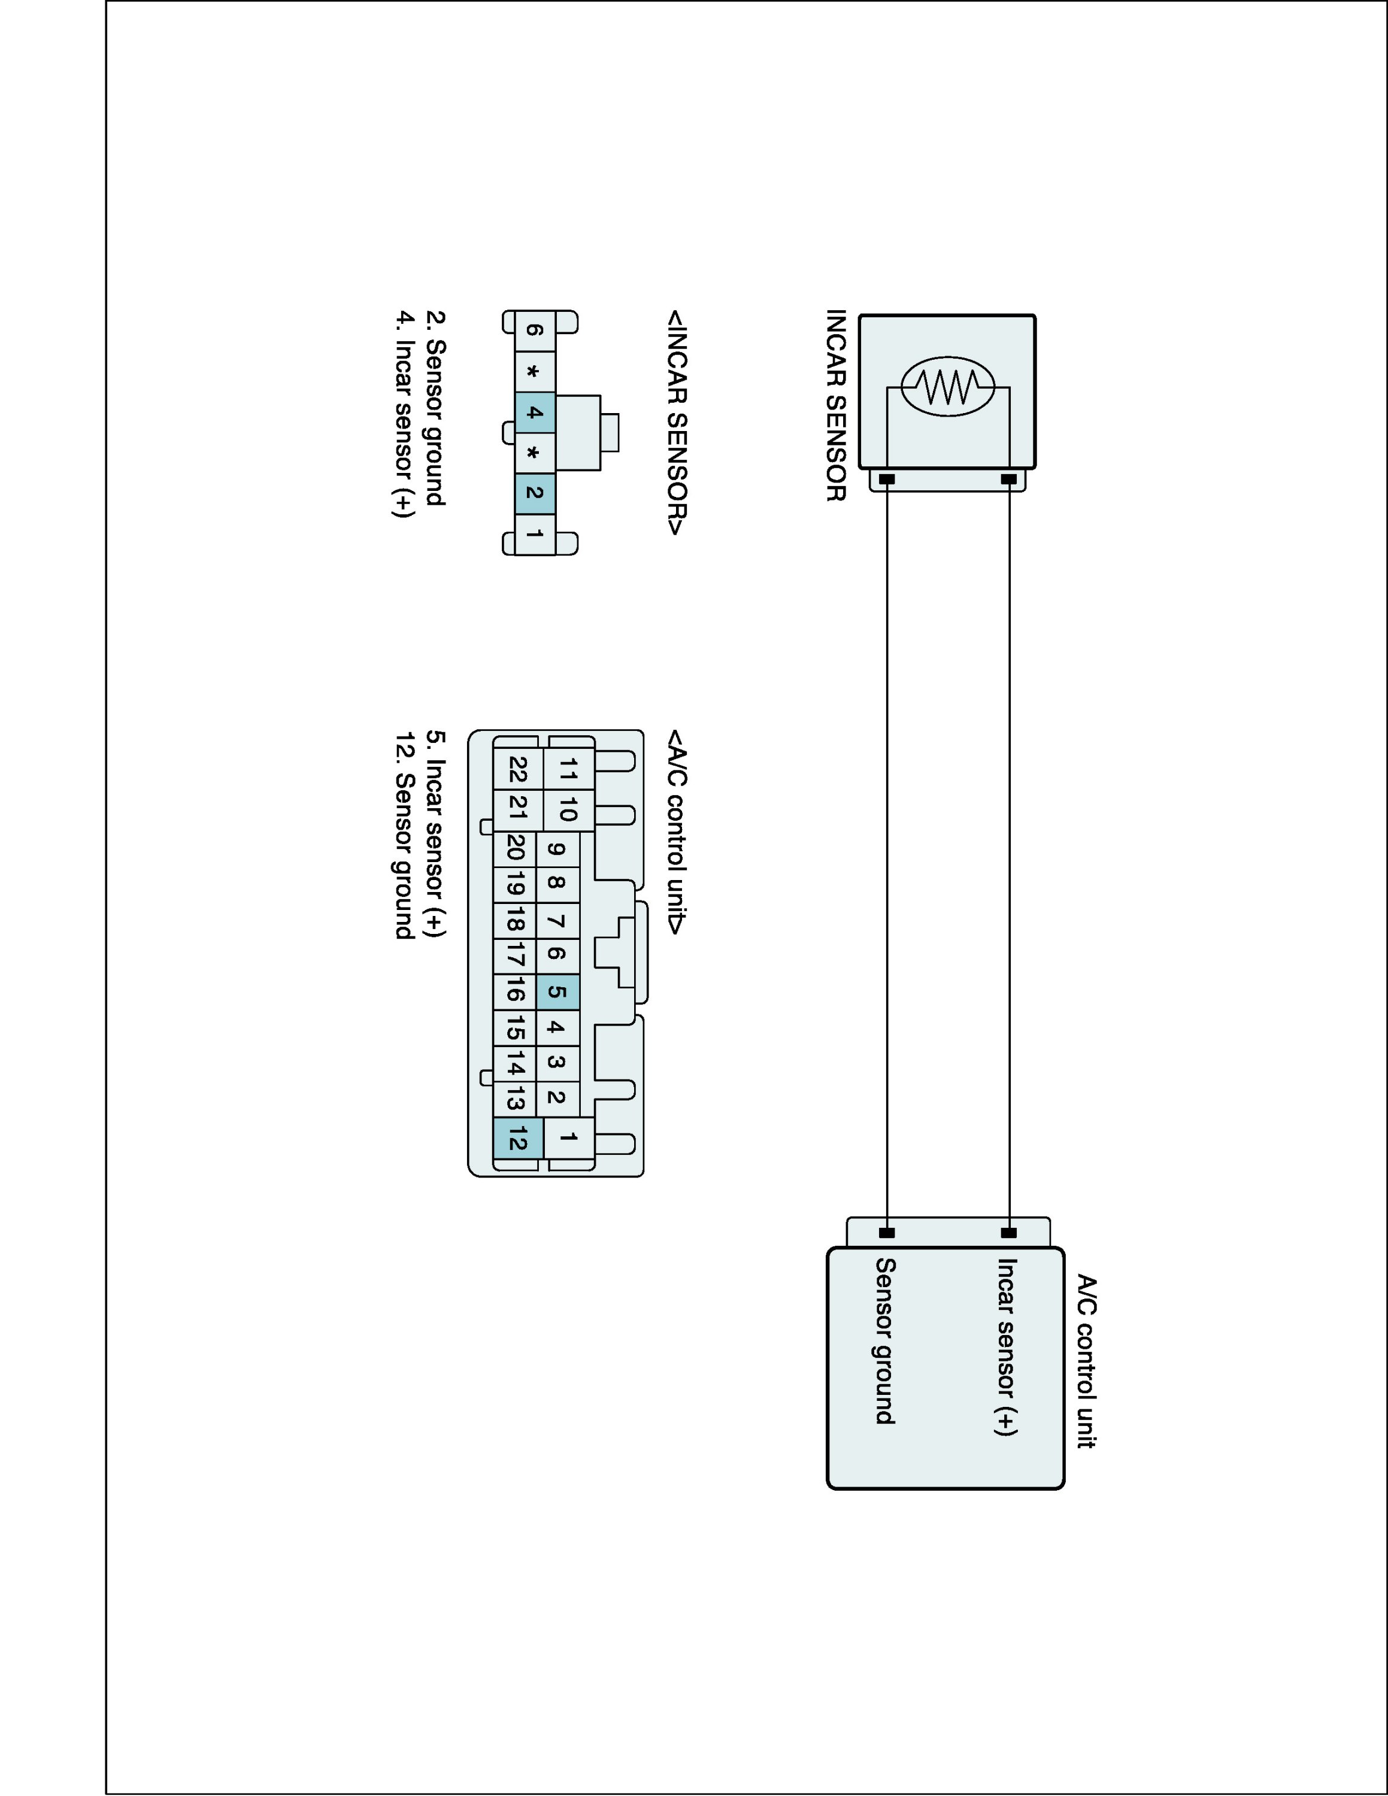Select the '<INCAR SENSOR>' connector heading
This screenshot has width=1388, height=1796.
coord(676,423)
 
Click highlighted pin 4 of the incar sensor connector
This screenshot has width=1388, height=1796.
coord(535,412)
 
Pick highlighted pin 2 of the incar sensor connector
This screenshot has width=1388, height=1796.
coord(535,493)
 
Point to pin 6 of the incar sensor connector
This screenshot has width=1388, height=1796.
coord(535,330)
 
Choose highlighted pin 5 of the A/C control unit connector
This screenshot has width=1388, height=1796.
coord(557,992)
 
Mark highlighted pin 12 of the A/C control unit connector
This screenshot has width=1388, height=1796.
coord(518,1140)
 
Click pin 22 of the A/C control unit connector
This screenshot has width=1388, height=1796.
coord(518,770)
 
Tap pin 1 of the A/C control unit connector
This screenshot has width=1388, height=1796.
coord(568,1138)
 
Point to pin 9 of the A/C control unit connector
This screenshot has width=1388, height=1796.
coord(557,850)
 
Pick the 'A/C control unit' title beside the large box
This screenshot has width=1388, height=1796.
coord(1087,1361)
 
